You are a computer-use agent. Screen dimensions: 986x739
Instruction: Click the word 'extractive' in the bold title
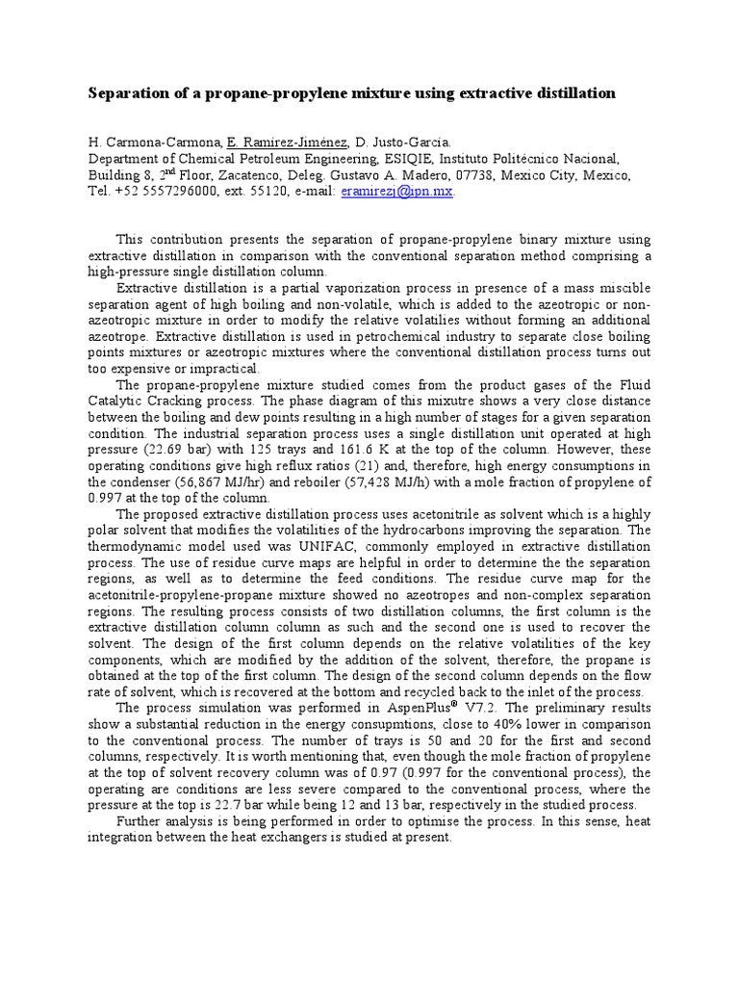click(x=499, y=93)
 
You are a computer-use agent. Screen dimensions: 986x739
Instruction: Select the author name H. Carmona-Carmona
click(x=153, y=143)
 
